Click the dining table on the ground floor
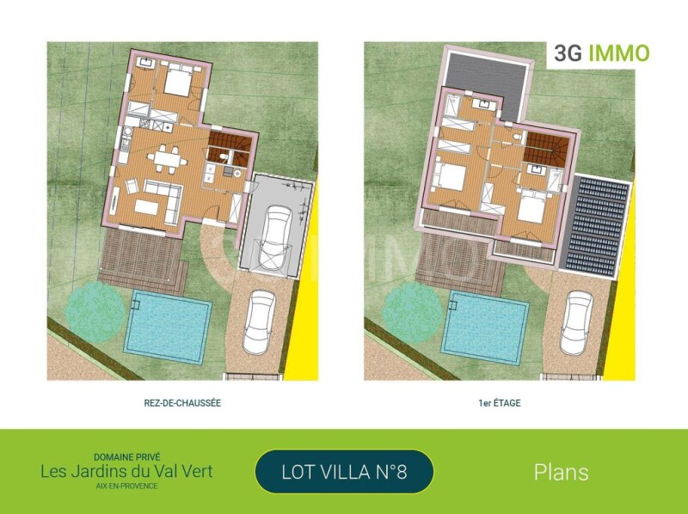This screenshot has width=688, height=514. [167, 159]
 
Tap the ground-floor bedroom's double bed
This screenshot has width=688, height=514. [178, 81]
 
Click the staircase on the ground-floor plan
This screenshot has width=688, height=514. [231, 149]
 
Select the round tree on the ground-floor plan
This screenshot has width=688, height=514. [95, 307]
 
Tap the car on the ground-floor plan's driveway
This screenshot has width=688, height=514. [259, 322]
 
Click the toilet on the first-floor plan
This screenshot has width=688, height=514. [518, 138]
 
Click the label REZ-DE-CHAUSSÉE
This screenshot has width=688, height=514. [182, 403]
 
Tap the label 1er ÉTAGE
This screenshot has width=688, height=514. [500, 403]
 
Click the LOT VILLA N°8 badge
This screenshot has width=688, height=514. [344, 472]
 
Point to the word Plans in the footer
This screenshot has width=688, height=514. [562, 473]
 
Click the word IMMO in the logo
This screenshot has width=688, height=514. [618, 53]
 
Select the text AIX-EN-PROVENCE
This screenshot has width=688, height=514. [126, 486]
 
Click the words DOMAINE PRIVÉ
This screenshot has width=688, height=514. [127, 457]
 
